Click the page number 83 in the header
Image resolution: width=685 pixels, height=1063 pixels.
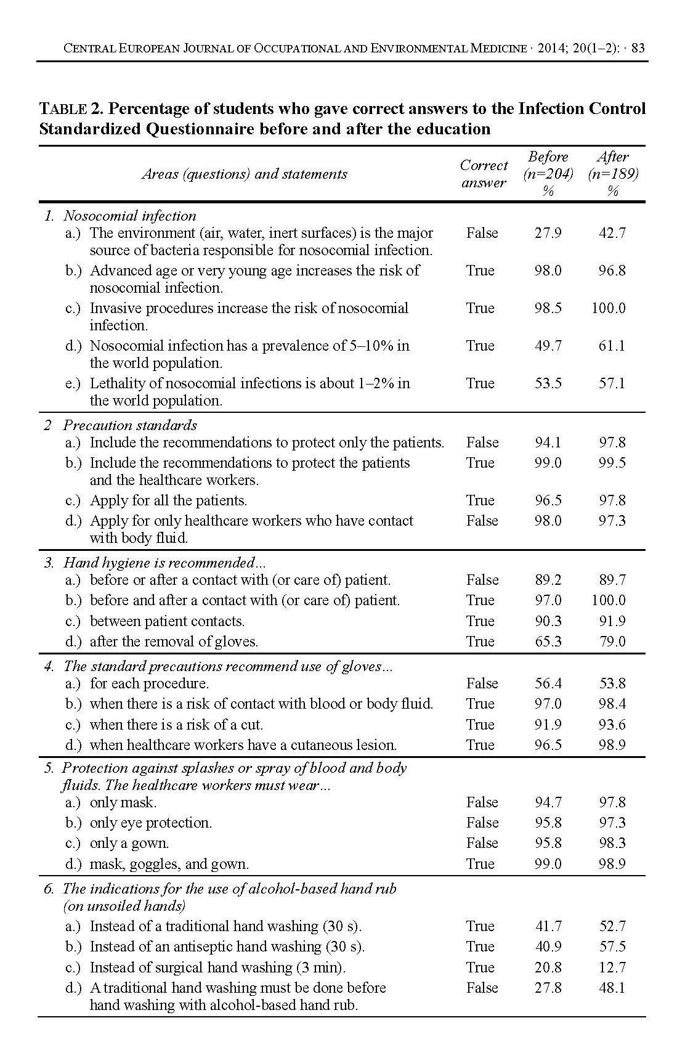click(x=638, y=48)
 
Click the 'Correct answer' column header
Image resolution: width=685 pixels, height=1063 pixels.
click(x=484, y=174)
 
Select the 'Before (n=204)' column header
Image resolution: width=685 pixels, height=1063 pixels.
click(x=548, y=173)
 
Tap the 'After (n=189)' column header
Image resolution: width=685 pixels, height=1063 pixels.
click(x=613, y=173)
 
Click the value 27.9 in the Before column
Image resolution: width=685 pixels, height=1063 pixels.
click(x=548, y=234)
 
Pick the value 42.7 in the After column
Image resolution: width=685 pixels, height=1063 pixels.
click(x=612, y=234)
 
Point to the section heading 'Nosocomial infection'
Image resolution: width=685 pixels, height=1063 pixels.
click(x=130, y=216)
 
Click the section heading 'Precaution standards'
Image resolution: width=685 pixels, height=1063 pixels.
click(x=130, y=425)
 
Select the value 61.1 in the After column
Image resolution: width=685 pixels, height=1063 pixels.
click(x=612, y=346)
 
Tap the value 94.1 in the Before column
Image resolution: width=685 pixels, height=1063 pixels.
click(x=548, y=442)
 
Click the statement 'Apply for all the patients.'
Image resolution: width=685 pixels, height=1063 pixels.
click(x=168, y=500)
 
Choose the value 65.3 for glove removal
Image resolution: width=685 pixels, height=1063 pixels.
click(x=548, y=641)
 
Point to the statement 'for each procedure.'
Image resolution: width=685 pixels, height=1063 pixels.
click(x=149, y=683)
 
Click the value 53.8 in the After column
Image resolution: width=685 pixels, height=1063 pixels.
click(x=612, y=683)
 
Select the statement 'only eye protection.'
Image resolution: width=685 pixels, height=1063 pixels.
click(x=151, y=823)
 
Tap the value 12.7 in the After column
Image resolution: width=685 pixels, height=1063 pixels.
click(x=612, y=967)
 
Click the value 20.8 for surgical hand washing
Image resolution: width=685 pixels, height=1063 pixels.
click(x=548, y=967)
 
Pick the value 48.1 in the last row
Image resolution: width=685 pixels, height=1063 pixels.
click(x=612, y=988)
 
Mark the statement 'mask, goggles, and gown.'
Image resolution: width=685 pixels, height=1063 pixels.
click(x=169, y=864)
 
